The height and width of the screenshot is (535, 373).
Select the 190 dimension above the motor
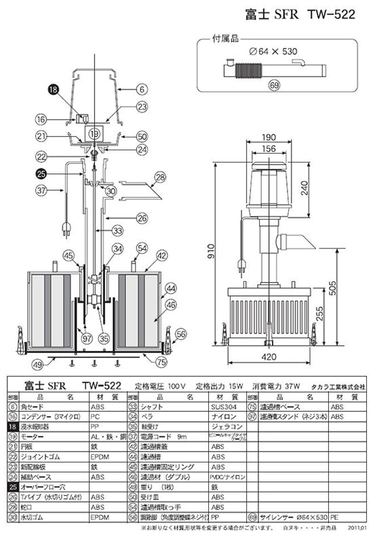(x=271, y=135)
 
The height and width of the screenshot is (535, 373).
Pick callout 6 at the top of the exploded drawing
(x=141, y=88)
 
